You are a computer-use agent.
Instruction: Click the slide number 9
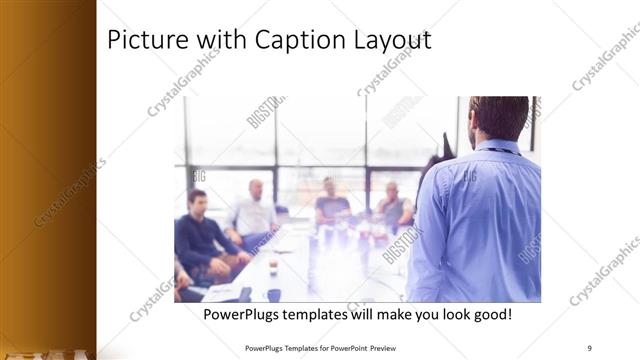pyautogui.click(x=589, y=347)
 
